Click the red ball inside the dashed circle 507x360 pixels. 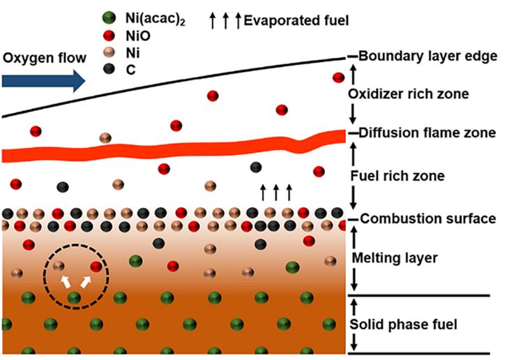[x=96, y=266]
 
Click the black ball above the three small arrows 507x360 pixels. [x=256, y=167]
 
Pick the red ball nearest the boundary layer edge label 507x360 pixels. [x=339, y=77]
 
